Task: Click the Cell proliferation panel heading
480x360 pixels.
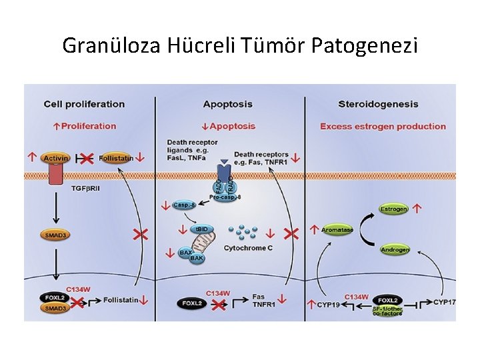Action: coord(84,104)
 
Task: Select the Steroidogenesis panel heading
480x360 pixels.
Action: coord(378,104)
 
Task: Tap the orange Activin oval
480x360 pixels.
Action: coord(56,158)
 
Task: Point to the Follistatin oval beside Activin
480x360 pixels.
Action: coord(117,158)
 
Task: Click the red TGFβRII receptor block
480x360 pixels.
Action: coord(55,175)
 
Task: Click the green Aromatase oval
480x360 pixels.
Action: coord(337,230)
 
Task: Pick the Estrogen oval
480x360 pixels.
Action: coord(393,209)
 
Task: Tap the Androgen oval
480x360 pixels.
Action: coord(395,250)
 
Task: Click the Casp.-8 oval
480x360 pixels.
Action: coord(185,205)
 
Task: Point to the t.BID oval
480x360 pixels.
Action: coord(202,229)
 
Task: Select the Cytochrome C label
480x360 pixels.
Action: coord(248,248)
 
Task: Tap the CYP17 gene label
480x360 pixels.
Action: coord(444,302)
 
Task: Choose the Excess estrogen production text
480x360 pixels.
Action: coord(383,126)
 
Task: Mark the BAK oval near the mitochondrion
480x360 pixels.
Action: coord(197,257)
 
